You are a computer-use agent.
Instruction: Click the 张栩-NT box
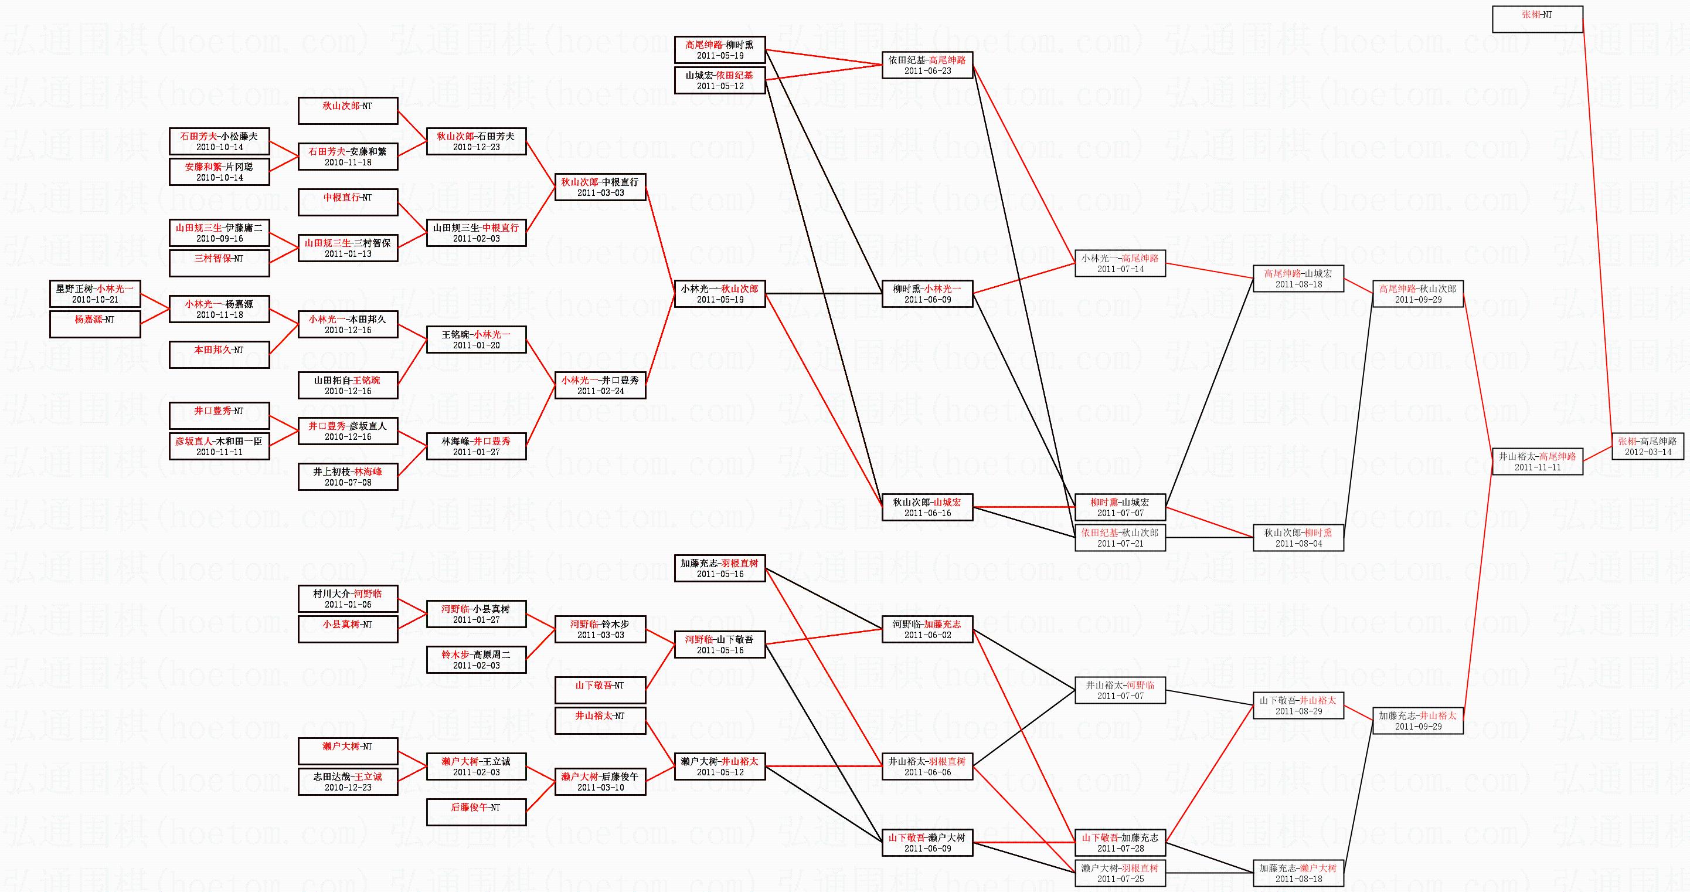(1537, 19)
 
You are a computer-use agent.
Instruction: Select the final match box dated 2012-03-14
(1647, 446)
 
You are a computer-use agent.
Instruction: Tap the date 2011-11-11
(1537, 467)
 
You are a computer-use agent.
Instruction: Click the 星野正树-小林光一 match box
(95, 294)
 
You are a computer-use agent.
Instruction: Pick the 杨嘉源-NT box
(95, 324)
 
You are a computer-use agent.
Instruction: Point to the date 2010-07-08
(348, 483)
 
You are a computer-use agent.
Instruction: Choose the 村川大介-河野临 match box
(348, 599)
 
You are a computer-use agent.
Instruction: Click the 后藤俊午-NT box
(477, 812)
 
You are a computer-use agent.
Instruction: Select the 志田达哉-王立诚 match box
(348, 782)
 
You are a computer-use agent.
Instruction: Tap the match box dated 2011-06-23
(927, 65)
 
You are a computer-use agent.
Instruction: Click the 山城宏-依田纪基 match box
(720, 80)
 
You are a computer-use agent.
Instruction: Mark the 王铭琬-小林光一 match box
(477, 340)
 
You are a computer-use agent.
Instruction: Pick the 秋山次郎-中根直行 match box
(600, 187)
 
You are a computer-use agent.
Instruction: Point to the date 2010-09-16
(219, 239)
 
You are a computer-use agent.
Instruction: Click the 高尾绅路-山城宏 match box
(1298, 279)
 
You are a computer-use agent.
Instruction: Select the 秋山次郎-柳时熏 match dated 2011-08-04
(1298, 538)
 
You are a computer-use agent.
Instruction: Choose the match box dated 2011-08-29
(1298, 706)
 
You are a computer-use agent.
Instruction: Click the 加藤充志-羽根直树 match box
(720, 568)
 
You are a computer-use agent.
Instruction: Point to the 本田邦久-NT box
(219, 354)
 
